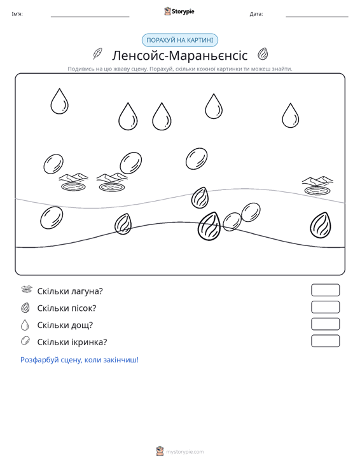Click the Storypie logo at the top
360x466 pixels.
(179, 11)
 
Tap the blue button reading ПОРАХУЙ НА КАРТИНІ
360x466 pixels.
(180, 40)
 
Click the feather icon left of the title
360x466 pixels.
(97, 54)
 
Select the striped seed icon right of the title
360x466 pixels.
(263, 54)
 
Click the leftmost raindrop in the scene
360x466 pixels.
(59, 101)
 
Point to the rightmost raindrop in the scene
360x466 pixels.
(291, 116)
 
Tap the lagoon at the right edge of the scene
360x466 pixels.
(317, 186)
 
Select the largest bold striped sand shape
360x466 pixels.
(209, 226)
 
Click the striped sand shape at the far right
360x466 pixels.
(321, 225)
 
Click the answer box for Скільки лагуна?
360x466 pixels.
(325, 290)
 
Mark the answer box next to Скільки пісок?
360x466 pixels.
(325, 307)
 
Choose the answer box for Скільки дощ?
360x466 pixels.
(325, 324)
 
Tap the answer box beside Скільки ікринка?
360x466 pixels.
(325, 341)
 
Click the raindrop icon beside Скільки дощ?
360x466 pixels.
(25, 325)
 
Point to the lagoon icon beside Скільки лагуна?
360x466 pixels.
(27, 289)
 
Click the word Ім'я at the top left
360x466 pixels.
(17, 14)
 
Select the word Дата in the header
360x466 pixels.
(256, 14)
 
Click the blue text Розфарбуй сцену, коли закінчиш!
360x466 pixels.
(80, 360)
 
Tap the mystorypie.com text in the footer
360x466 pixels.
(184, 452)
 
